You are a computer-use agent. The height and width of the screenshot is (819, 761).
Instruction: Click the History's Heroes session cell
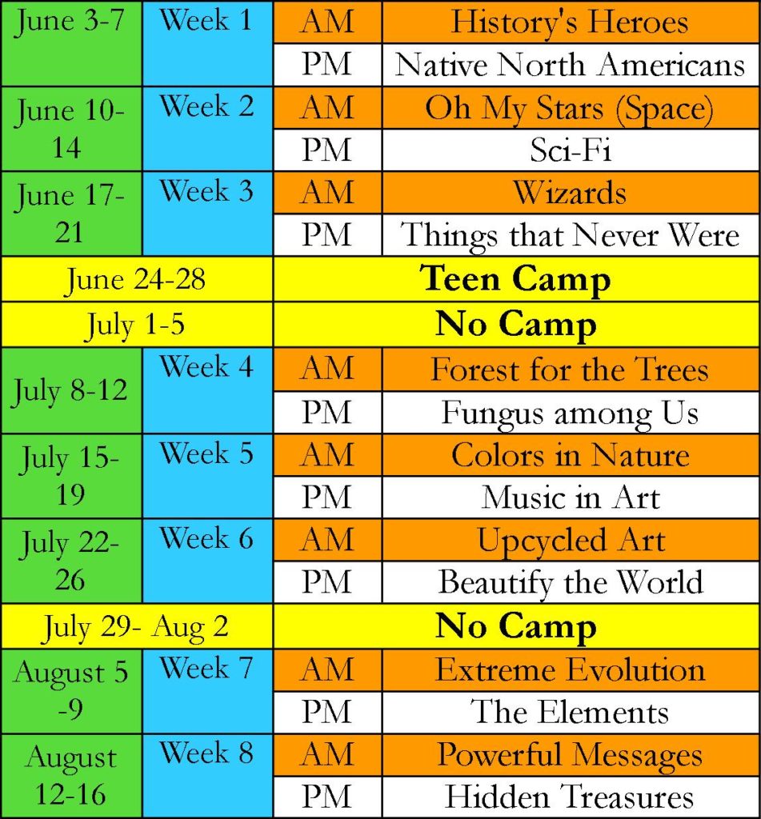tap(570, 22)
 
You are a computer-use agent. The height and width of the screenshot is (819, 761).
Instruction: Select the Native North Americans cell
tap(570, 65)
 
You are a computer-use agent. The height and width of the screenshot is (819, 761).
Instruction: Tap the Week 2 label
tap(207, 106)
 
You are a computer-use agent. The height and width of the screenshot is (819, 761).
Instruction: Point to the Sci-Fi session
tap(571, 150)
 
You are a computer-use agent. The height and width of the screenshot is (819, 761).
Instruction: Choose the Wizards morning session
tap(570, 192)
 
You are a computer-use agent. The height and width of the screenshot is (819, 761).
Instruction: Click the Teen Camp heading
tap(515, 279)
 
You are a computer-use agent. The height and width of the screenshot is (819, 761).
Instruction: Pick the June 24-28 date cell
tap(135, 279)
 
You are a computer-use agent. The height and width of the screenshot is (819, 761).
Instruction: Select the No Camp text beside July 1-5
tap(516, 325)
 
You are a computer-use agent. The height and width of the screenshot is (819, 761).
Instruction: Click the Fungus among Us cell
tap(570, 413)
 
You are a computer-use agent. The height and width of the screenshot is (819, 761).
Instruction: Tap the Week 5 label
tap(207, 453)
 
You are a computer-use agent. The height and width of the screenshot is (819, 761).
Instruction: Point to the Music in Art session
tap(571, 497)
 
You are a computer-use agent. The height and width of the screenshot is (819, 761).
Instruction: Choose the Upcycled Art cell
tap(571, 541)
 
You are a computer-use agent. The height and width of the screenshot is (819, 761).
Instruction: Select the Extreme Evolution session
tap(571, 669)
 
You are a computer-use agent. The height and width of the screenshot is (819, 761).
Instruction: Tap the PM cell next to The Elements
tap(326, 712)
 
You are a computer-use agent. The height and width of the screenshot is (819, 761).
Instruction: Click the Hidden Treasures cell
tap(570, 797)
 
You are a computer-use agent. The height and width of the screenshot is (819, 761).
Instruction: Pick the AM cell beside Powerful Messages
tap(327, 755)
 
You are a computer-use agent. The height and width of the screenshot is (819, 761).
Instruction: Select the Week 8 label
tap(207, 753)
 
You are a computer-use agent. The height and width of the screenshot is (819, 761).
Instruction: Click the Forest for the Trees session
tap(570, 370)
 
